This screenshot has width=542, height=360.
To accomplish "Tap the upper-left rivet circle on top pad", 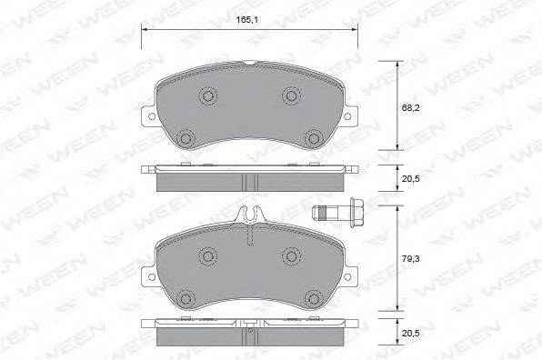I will click(208, 95).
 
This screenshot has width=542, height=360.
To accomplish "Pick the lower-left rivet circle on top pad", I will click(186, 137).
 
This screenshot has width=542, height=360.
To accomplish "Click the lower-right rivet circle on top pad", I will click(314, 137).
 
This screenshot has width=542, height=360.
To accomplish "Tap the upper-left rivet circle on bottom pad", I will click(208, 255).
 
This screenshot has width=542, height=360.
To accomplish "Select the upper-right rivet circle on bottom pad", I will click(292, 255).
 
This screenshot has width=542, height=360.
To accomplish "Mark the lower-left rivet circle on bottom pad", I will click(186, 296).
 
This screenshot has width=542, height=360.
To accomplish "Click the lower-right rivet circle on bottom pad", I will click(314, 296).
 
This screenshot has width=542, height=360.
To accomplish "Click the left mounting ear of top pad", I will click(147, 115).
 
